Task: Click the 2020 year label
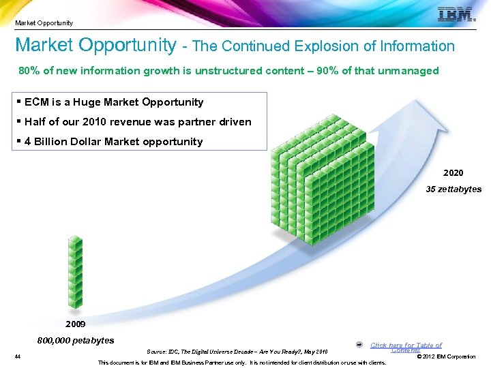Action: [453, 173]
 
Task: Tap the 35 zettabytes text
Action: [453, 189]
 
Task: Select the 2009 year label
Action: [76, 324]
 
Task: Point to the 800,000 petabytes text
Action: [76, 340]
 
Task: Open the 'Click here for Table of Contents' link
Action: [406, 348]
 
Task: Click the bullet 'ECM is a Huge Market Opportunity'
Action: [113, 102]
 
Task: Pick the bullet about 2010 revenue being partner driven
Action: [137, 122]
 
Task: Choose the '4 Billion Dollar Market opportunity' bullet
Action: [113, 142]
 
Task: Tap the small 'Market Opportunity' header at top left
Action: [44, 23]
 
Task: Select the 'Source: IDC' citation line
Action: [237, 352]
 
